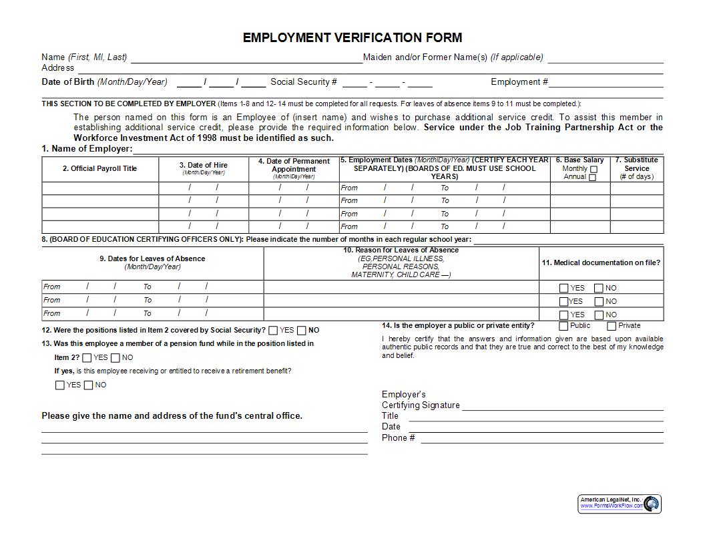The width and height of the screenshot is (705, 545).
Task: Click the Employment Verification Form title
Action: tap(352, 37)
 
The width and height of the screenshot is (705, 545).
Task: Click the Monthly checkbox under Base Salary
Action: tap(594, 170)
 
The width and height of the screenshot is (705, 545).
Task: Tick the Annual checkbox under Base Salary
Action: tap(592, 178)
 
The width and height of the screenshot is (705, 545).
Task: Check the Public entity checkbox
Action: tap(563, 326)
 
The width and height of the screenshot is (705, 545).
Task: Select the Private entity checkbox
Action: tap(611, 326)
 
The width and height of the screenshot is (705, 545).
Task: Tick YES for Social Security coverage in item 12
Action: tap(273, 331)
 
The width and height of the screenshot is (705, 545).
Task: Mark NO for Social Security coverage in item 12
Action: tap(302, 331)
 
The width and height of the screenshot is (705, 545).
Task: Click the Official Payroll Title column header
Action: tap(100, 169)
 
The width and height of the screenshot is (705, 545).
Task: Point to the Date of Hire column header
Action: tap(203, 165)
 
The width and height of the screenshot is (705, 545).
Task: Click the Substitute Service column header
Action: tap(636, 168)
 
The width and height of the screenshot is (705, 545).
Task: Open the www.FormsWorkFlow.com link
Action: tap(611, 506)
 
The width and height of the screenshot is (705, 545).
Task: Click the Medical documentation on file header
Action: tap(601, 263)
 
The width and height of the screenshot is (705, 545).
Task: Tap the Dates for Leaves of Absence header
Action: tap(152, 258)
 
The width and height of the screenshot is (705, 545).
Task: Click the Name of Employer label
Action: tap(87, 149)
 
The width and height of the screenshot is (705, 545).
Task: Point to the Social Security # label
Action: tap(304, 82)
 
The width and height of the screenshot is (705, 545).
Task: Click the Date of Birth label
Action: tap(68, 82)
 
